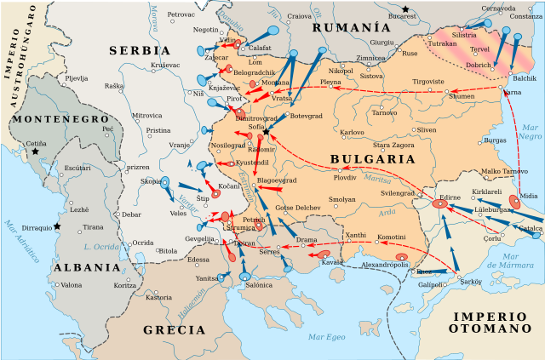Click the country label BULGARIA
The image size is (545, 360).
(x=366, y=159)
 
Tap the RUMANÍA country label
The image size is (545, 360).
(x=345, y=28)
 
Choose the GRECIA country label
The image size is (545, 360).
(x=174, y=329)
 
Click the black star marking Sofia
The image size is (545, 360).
(x=267, y=132)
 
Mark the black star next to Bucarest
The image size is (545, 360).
(x=406, y=9)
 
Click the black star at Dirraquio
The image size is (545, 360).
(x=57, y=226)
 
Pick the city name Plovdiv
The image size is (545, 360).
(x=345, y=178)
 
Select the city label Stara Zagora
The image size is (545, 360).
(x=393, y=146)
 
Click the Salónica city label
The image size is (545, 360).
(x=259, y=286)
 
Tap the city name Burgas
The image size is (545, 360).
(x=495, y=140)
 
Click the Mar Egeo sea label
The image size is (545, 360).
(x=328, y=337)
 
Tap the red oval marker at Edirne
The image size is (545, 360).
(x=439, y=204)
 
